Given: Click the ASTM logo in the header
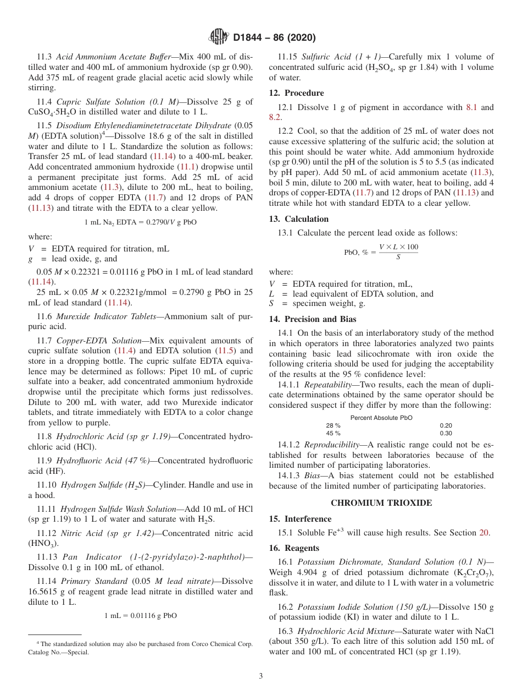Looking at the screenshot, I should pyautogui.click(x=218, y=37).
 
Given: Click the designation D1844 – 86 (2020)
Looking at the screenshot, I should pyautogui.click(x=274, y=38).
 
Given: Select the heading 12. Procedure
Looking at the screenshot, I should pyautogui.click(x=296, y=93).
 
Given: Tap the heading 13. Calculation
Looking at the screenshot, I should pyautogui.click(x=298, y=219).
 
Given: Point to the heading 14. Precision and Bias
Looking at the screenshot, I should pyautogui.click(x=312, y=319).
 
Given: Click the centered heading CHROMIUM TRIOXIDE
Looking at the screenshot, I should pyautogui.click(x=381, y=503).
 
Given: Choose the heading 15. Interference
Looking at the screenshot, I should pyautogui.click(x=300, y=519).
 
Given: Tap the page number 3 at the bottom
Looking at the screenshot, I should pyautogui.click(x=261, y=676).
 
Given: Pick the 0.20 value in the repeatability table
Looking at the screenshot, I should pyautogui.click(x=446, y=425).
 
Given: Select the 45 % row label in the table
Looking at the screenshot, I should pyautogui.click(x=333, y=433).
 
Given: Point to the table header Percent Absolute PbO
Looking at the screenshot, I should pyautogui.click(x=381, y=418).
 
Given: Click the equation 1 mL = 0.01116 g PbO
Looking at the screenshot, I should pyautogui.click(x=141, y=616).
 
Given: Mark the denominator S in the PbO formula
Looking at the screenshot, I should pyautogui.click(x=398, y=258).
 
